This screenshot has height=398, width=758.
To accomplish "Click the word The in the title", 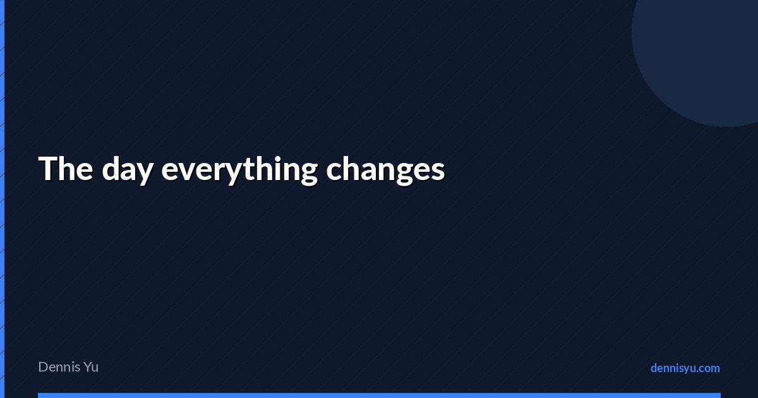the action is pyautogui.click(x=66, y=168).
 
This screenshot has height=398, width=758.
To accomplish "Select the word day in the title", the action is pyautogui.click(x=128, y=170).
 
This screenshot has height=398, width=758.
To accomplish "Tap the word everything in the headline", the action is pyautogui.click(x=239, y=170).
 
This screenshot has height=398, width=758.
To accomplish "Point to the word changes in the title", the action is pyautogui.click(x=385, y=170).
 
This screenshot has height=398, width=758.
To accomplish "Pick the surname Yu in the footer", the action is pyautogui.click(x=91, y=367).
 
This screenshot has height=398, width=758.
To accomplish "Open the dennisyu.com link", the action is pyautogui.click(x=685, y=368).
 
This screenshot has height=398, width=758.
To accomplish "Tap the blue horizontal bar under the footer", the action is pyautogui.click(x=380, y=395).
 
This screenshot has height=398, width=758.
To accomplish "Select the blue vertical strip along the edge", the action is pyautogui.click(x=2, y=199).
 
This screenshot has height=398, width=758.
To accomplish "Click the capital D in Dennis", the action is pyautogui.click(x=44, y=367).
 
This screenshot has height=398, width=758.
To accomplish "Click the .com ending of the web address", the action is pyautogui.click(x=707, y=368).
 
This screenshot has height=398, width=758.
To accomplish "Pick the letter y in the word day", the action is pyautogui.click(x=145, y=174).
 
